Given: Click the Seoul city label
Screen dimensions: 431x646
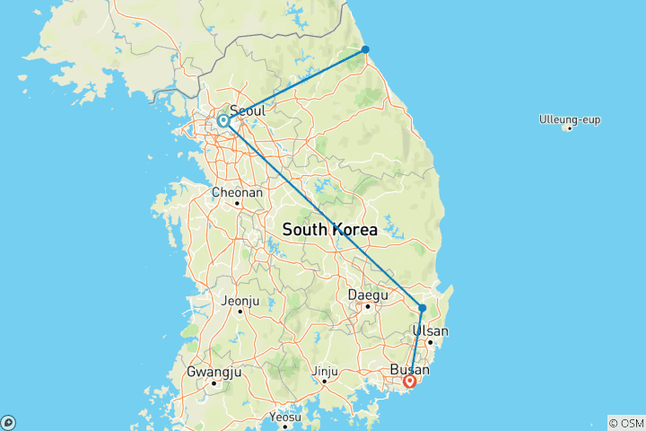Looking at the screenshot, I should point(247,110).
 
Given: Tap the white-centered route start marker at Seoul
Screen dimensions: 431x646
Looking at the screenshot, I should point(223,119).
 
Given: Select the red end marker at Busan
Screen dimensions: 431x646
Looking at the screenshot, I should point(410,381).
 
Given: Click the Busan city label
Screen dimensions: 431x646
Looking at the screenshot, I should point(411,369).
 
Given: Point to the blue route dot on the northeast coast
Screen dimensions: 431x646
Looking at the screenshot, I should point(365,49).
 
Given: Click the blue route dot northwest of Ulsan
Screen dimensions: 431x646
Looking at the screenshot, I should point(422,308).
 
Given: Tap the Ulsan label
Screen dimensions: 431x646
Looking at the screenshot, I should point(429,330).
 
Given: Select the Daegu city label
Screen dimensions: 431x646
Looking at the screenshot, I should point(368,294).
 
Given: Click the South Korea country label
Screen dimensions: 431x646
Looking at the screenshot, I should point(330,230).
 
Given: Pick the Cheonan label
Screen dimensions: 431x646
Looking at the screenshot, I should point(237,192).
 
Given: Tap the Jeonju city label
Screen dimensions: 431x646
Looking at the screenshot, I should point(240,300).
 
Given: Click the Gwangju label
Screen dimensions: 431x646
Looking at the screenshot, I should point(214,371).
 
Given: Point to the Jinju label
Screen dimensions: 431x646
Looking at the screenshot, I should point(325,370).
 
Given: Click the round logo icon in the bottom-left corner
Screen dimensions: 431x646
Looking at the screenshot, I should point(8,422).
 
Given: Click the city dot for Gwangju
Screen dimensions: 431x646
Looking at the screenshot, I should point(214,383).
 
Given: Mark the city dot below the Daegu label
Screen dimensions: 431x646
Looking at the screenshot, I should point(368,305).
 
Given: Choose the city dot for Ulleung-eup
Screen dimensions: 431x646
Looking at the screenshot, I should point(568,128).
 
